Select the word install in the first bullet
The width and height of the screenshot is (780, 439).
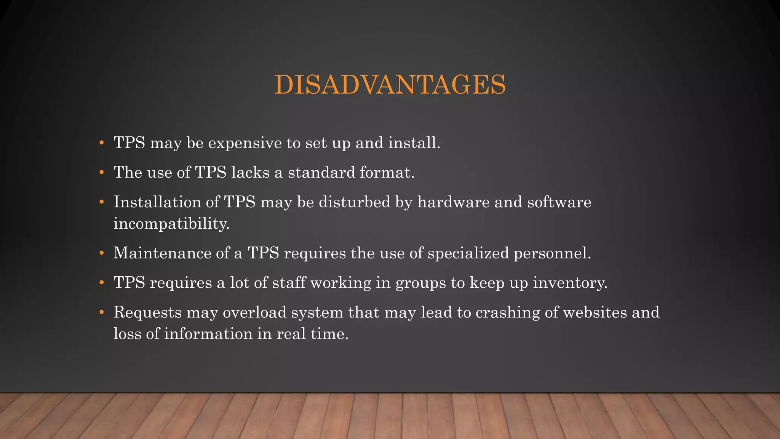pyautogui.click(x=414, y=143)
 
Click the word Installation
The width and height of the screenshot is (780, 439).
pyautogui.click(x=157, y=202)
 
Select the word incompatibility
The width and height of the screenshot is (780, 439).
pyautogui.click(x=171, y=224)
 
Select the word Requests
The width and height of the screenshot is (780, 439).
pyautogui.click(x=147, y=313)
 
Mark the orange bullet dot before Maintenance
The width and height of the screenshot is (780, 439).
pyautogui.click(x=101, y=253)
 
